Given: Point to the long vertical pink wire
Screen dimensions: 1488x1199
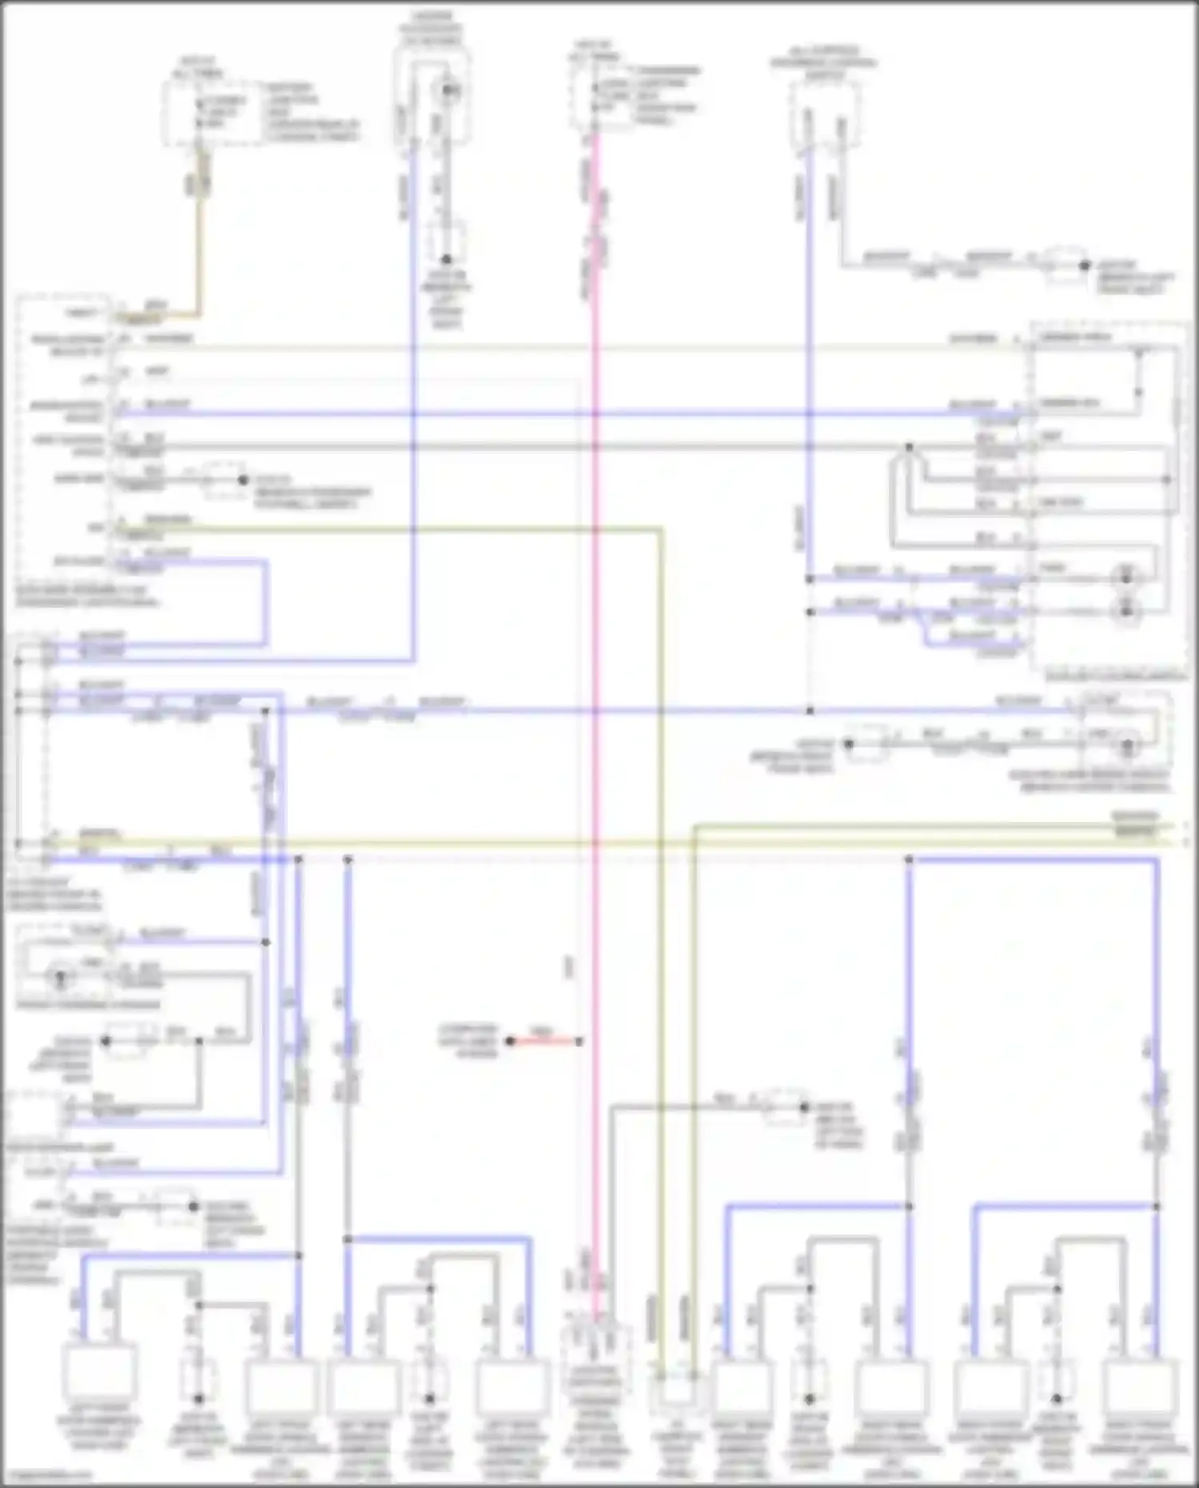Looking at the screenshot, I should [596, 720].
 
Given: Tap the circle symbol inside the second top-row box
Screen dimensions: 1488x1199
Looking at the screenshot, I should [447, 90].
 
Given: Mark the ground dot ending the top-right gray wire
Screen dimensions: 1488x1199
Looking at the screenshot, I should [1084, 265].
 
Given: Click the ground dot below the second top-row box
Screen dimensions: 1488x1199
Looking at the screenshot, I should [446, 259].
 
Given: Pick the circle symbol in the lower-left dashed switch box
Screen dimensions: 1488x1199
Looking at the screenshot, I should [60, 976].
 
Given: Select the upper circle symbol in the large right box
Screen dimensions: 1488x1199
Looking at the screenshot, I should [1126, 573].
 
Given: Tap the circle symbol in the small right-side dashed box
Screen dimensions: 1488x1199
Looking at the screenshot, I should [1128, 746].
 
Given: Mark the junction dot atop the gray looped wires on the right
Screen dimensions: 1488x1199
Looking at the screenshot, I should [909, 447].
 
